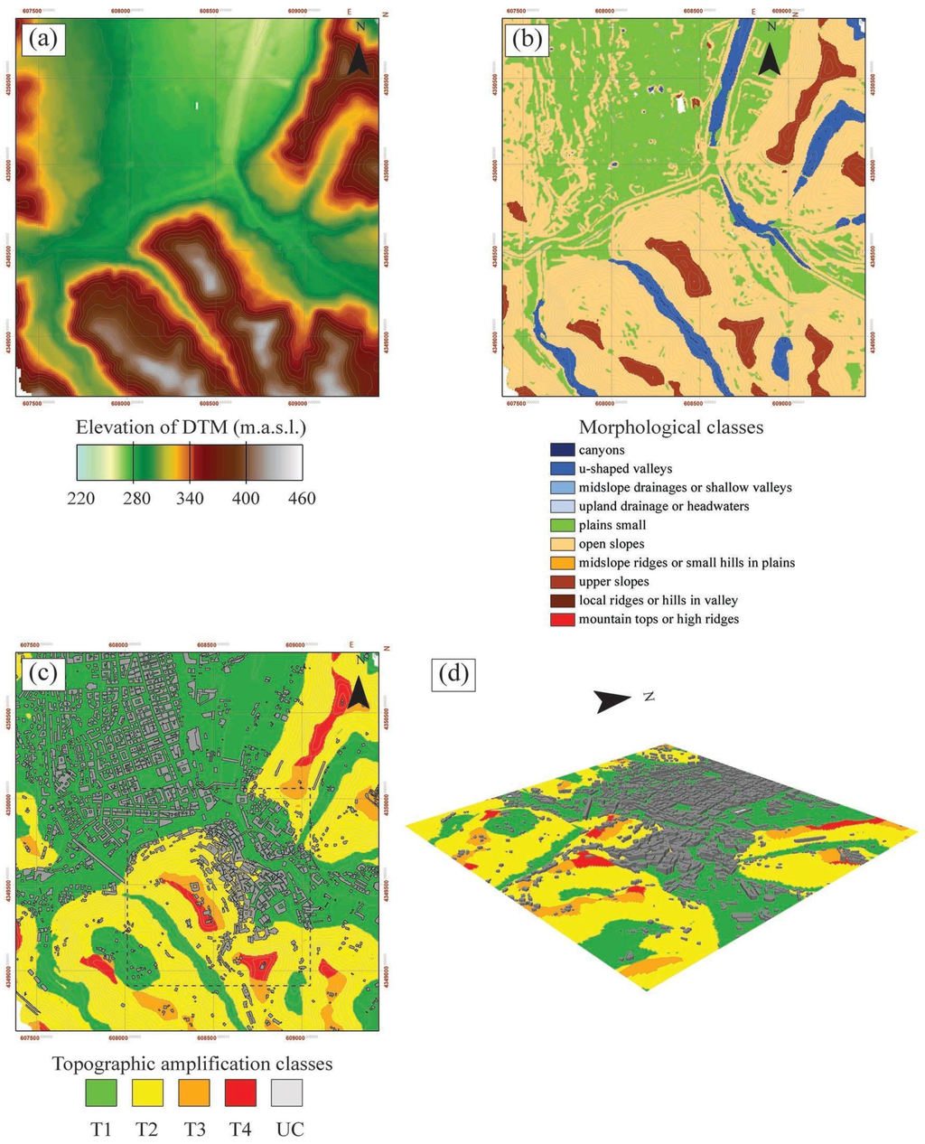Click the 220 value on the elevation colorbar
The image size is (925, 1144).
click(x=81, y=498)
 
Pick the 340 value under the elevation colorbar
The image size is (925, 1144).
click(x=191, y=498)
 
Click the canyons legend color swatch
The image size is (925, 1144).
click(x=561, y=450)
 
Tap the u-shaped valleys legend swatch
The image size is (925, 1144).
click(x=561, y=469)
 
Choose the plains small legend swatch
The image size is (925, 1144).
click(x=561, y=525)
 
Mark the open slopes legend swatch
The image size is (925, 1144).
click(x=561, y=544)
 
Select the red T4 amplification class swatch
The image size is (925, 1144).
click(x=239, y=1092)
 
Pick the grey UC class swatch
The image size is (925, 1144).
click(x=286, y=1092)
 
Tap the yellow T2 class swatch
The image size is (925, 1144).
click(x=147, y=1092)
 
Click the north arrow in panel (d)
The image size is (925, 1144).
click(x=613, y=700)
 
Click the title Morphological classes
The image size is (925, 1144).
click(x=670, y=427)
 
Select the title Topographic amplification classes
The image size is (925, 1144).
click(x=192, y=1064)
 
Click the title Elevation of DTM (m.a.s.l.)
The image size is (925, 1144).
click(x=197, y=427)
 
